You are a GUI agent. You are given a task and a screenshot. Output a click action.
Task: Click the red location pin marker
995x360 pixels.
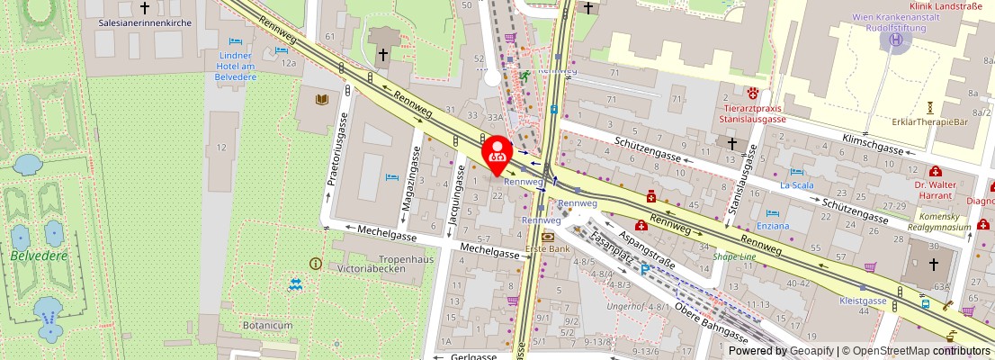point(497,155)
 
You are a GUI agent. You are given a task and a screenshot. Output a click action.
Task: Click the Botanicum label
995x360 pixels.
point(267,325)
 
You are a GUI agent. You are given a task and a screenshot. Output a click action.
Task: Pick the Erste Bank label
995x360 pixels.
point(547,248)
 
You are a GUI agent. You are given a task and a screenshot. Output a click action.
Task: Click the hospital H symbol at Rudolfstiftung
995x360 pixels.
point(895,39)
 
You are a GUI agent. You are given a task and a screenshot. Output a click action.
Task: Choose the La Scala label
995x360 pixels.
point(797,185)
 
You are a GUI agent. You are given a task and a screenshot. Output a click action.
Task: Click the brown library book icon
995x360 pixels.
point(321,98)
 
